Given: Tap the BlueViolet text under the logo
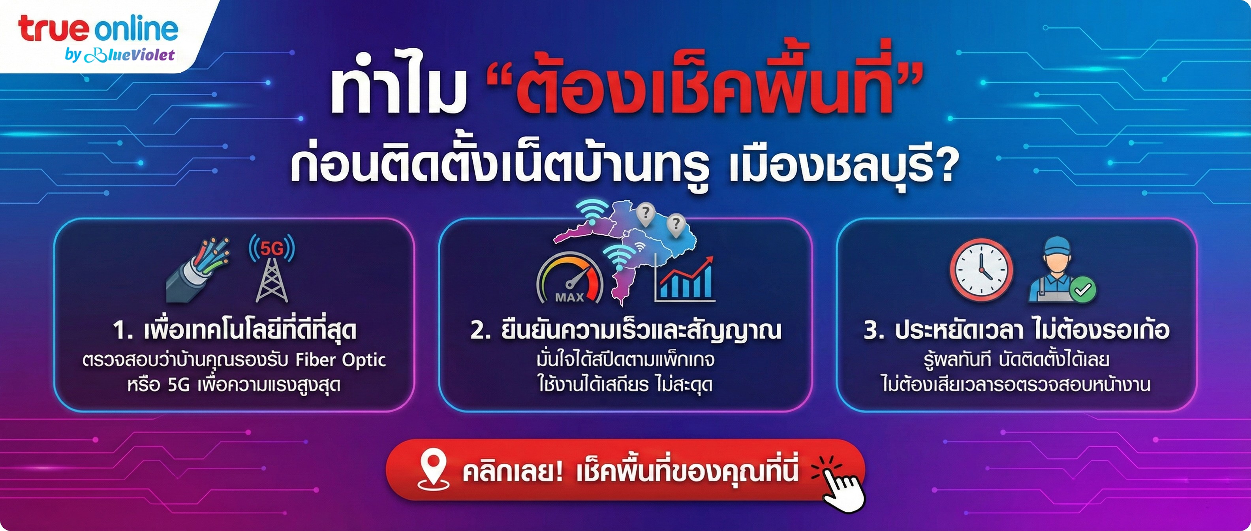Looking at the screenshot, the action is pos(130,55).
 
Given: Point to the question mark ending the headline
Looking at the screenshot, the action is pos(945,166).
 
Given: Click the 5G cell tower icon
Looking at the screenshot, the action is pos(272,269).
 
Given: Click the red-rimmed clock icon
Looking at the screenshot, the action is pos(981,269).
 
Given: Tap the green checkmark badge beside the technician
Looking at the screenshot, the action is pos(1082,290).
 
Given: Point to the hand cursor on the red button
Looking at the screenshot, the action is pos(843,491).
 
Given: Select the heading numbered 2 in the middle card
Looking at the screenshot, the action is pos(625,331).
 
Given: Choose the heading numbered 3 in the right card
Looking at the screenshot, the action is pos(1016,331).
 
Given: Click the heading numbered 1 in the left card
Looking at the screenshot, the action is pos(235,331).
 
